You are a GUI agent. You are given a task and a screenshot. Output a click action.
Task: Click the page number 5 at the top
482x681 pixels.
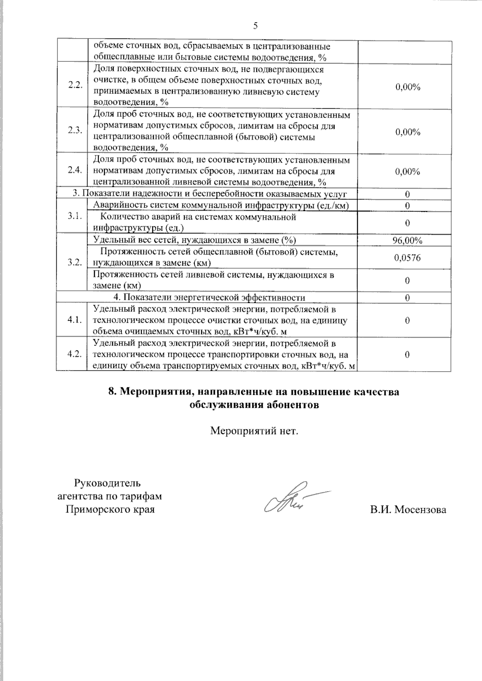[255, 26]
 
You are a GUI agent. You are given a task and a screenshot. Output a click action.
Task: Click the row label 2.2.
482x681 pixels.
[75, 85]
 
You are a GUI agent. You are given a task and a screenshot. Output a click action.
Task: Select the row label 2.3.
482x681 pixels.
[75, 131]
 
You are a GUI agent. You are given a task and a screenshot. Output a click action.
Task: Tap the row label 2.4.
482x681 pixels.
[75, 170]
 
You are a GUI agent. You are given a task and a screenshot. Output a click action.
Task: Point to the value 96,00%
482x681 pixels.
[407, 241]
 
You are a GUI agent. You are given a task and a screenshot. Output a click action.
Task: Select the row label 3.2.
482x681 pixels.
[75, 262]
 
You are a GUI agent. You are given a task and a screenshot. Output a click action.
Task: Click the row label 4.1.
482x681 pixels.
[75, 320]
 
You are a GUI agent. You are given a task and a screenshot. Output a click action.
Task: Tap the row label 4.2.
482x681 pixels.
[75, 354]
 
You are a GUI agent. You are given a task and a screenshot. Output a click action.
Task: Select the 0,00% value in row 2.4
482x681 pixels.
[407, 172]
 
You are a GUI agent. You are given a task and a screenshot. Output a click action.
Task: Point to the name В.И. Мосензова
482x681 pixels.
[408, 510]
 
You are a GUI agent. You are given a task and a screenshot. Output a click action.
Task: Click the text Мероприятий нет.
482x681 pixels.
[255, 431]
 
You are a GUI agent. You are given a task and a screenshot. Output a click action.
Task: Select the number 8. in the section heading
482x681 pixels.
[113, 392]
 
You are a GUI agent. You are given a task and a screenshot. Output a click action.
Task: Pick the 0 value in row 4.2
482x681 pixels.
[407, 354]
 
